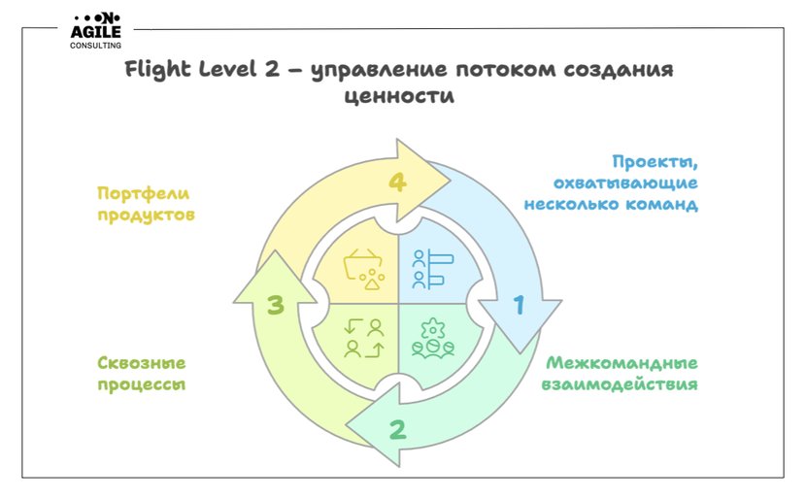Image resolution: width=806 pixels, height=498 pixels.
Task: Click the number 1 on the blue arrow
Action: pyautogui.click(x=520, y=305)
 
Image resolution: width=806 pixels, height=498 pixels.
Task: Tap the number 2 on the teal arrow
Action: pyautogui.click(x=398, y=430)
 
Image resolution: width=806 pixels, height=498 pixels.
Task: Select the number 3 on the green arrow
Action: pyautogui.click(x=276, y=305)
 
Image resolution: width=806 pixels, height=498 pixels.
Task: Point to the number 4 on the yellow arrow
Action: pyautogui.click(x=397, y=182)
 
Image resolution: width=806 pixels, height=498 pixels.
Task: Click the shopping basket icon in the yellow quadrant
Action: pyautogui.click(x=364, y=269)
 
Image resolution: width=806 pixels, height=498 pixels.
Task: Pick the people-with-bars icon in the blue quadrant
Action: pyautogui.click(x=432, y=269)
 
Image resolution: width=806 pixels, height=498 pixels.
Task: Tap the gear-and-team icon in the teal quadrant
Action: pyautogui.click(x=433, y=338)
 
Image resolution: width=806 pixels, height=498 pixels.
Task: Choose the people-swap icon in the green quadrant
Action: pyautogui.click(x=364, y=338)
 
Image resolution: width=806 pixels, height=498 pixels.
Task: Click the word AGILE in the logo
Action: pyautogui.click(x=95, y=32)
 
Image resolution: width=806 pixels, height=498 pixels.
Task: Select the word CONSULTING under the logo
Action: pyautogui.click(x=95, y=46)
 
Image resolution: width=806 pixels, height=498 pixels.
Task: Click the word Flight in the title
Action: pyautogui.click(x=158, y=70)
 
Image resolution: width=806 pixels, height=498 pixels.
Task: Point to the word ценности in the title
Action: pyautogui.click(x=399, y=96)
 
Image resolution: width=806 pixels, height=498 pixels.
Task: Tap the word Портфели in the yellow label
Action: pyautogui.click(x=144, y=194)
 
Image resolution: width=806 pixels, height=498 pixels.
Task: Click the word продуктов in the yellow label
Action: pyautogui.click(x=147, y=215)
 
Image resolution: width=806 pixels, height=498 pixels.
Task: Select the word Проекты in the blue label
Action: pyautogui.click(x=655, y=162)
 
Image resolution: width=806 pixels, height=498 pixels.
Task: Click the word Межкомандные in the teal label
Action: pyautogui.click(x=621, y=363)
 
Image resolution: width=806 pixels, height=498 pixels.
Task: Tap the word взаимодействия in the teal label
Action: pyautogui.click(x=620, y=384)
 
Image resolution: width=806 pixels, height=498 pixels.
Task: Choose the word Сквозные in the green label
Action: pyautogui.click(x=142, y=363)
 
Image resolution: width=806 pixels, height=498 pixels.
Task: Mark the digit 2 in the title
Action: pyautogui.click(x=272, y=69)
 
